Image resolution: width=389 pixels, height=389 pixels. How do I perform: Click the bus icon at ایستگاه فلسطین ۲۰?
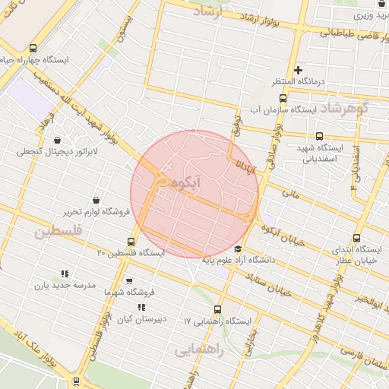(x=132, y=242)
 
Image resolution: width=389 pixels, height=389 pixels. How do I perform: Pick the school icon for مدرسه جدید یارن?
(x=65, y=274)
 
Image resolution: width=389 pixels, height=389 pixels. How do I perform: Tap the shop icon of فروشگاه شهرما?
(x=129, y=280)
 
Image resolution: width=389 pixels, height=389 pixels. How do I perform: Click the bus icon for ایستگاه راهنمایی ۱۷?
(x=219, y=309)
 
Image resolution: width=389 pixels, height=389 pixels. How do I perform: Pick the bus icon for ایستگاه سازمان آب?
(x=283, y=98)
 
